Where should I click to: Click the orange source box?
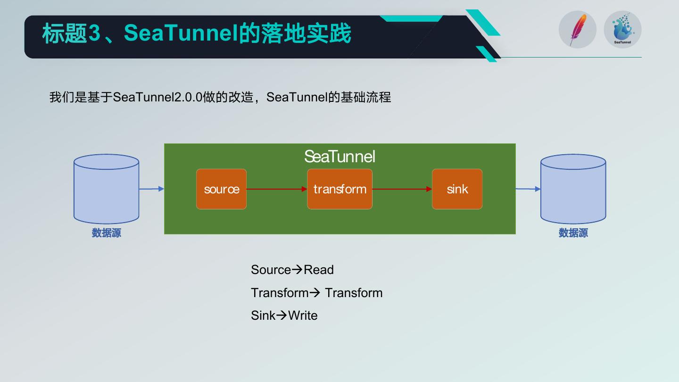tap(221, 189)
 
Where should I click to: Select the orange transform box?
tap(339, 189)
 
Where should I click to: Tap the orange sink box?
tap(457, 189)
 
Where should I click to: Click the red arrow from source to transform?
tap(276, 189)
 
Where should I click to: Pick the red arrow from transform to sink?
tap(402, 189)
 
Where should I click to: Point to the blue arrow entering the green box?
tap(151, 189)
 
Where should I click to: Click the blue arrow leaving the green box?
tap(528, 189)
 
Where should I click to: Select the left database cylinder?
tap(106, 189)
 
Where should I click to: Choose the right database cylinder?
tap(573, 189)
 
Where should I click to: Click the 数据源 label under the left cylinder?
tap(106, 233)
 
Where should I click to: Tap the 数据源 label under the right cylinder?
tap(573, 233)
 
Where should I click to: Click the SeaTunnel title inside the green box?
tap(339, 156)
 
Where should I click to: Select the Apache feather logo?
tap(577, 29)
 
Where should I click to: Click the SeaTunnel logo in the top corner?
tap(622, 29)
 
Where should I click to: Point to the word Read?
tap(319, 270)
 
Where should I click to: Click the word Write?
tap(303, 316)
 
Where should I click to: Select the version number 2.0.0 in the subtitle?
tap(189, 97)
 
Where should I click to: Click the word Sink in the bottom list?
tap(263, 316)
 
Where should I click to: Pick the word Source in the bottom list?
tap(271, 270)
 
